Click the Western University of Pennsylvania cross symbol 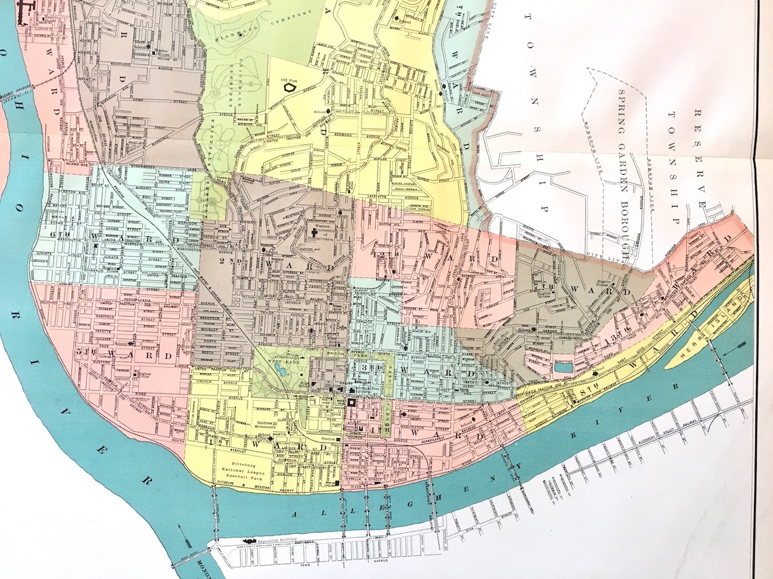pyautogui.click(x=315, y=234)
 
